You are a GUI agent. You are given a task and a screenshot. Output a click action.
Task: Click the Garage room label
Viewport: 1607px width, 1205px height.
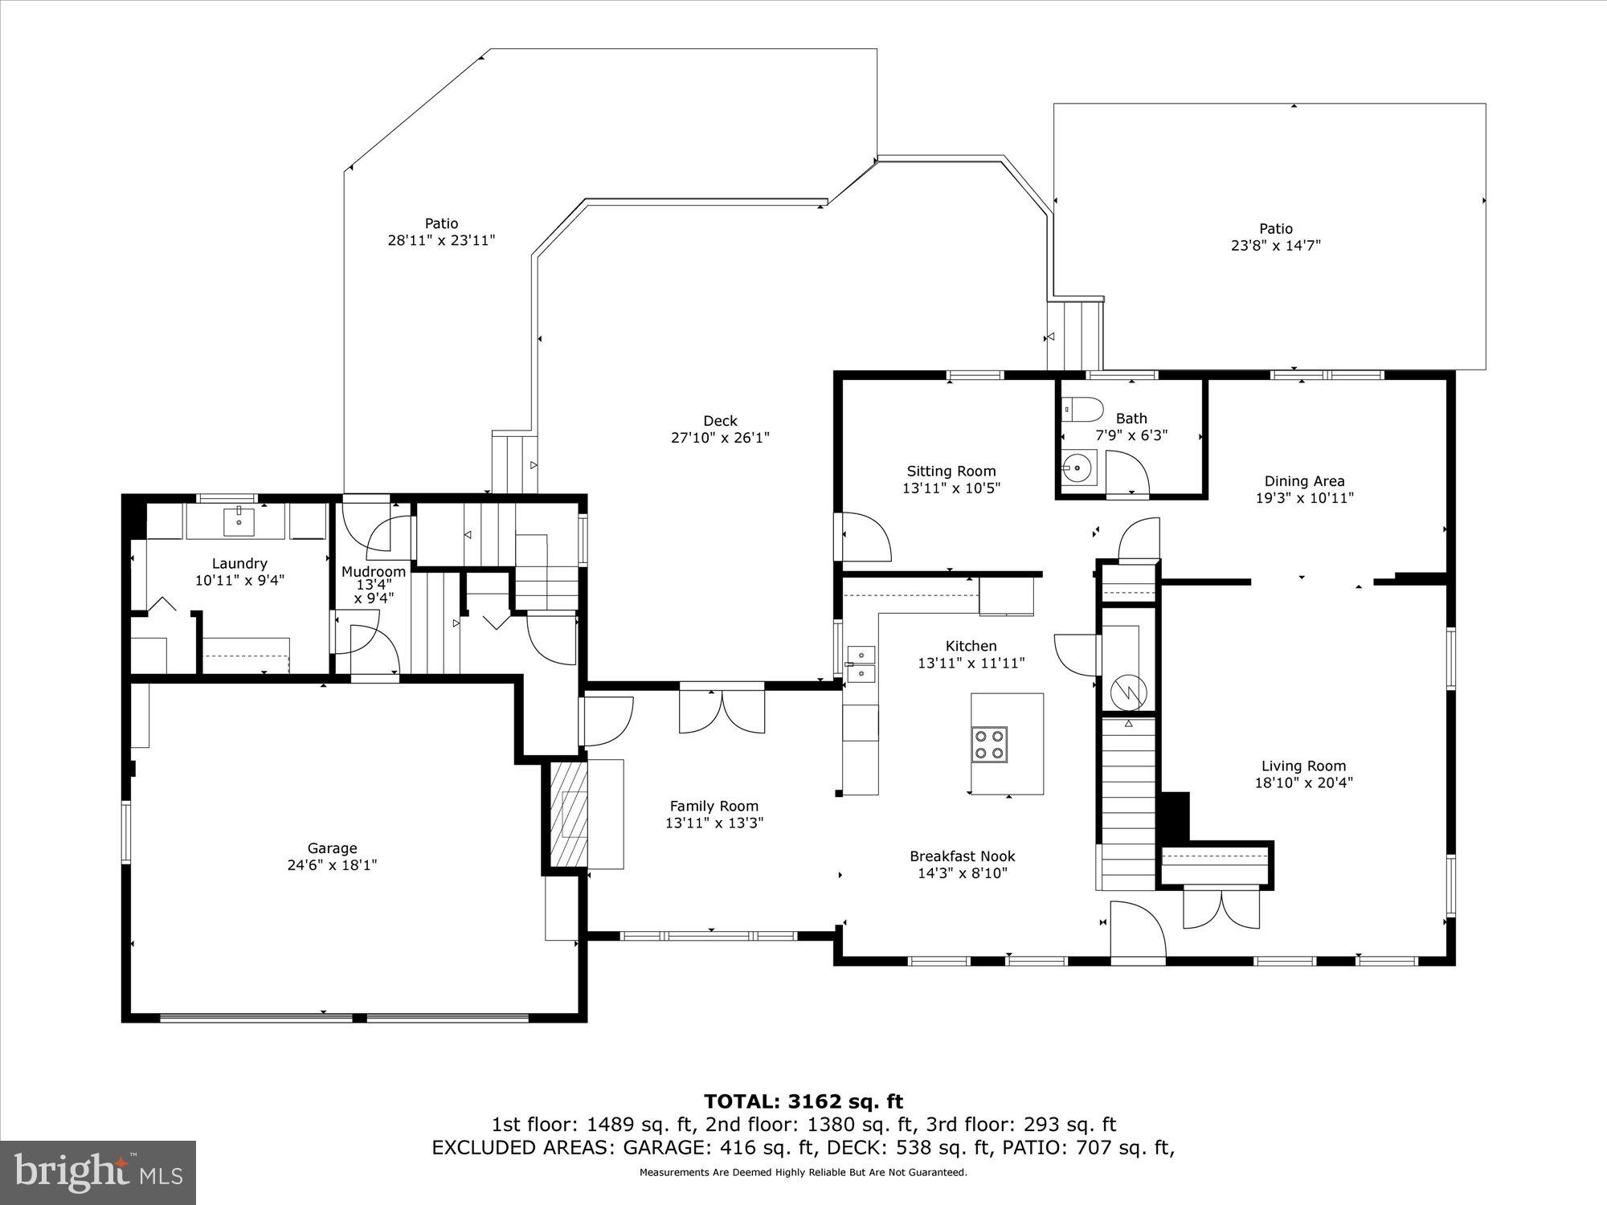(332, 848)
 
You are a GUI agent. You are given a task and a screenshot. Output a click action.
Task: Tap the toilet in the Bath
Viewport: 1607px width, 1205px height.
(1082, 410)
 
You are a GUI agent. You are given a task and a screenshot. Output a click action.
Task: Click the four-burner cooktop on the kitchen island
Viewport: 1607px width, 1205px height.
(989, 743)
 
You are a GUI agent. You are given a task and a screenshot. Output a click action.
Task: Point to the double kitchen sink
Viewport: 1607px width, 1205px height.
(861, 663)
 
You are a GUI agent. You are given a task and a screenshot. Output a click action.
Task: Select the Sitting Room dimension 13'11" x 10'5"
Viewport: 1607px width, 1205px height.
(951, 488)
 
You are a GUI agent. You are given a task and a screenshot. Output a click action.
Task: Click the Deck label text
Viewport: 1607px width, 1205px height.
(720, 421)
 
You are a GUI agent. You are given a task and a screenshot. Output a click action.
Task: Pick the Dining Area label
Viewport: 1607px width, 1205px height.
(1304, 481)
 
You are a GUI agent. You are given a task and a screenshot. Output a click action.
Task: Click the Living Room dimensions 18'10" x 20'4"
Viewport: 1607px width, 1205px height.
(1303, 782)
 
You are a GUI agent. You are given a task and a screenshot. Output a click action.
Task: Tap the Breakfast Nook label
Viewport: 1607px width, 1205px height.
(963, 856)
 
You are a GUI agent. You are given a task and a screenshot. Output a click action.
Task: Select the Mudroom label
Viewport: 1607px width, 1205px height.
(374, 571)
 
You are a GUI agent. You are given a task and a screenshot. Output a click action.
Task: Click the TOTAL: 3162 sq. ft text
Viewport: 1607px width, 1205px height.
(803, 1101)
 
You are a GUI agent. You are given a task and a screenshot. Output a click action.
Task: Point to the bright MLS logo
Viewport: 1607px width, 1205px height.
(97, 1172)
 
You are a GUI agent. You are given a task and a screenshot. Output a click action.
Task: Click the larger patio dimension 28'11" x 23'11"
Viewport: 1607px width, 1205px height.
(441, 239)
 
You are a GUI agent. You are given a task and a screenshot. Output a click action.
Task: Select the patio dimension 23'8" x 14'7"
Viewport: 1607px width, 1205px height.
(1276, 246)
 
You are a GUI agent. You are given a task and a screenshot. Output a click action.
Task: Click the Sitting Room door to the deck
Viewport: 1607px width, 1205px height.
(864, 537)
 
